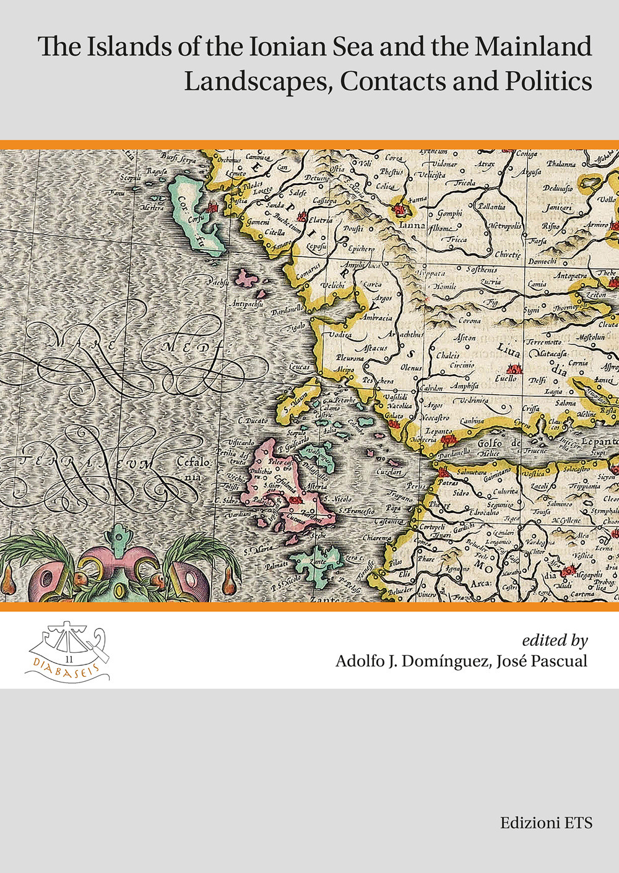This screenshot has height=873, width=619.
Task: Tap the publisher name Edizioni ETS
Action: point(547,823)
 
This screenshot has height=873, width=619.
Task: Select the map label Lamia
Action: point(537,284)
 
